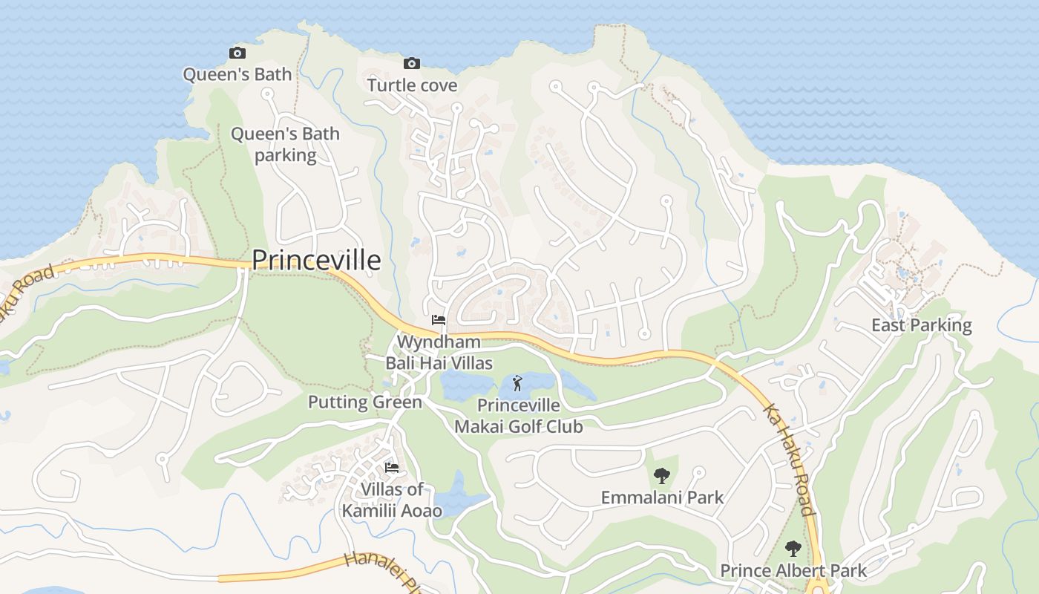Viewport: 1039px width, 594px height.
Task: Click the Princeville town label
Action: (316, 261)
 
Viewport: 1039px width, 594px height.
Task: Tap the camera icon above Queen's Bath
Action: (237, 53)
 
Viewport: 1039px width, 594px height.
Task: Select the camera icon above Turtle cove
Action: (412, 63)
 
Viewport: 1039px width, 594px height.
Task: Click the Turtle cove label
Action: (413, 85)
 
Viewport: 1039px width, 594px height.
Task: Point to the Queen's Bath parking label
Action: (285, 145)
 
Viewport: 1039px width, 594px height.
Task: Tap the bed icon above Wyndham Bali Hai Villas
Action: (439, 320)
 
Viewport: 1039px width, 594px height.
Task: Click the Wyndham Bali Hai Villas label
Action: (439, 353)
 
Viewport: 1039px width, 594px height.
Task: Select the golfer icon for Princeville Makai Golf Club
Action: (518, 384)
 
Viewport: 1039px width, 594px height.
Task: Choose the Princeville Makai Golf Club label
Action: (518, 417)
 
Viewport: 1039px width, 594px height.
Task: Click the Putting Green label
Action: (365, 402)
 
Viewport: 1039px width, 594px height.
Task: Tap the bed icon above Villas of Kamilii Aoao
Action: (392, 467)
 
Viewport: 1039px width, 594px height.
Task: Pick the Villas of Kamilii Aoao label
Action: (392, 500)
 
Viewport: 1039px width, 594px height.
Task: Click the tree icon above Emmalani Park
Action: (661, 475)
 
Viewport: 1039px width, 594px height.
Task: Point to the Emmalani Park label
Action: (662, 497)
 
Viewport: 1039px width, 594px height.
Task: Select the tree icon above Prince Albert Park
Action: (793, 549)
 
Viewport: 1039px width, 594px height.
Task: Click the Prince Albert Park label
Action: (793, 571)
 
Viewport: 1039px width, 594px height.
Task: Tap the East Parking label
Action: (921, 325)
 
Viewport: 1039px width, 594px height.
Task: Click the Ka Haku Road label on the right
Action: (788, 459)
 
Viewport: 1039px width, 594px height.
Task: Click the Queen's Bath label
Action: (237, 74)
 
